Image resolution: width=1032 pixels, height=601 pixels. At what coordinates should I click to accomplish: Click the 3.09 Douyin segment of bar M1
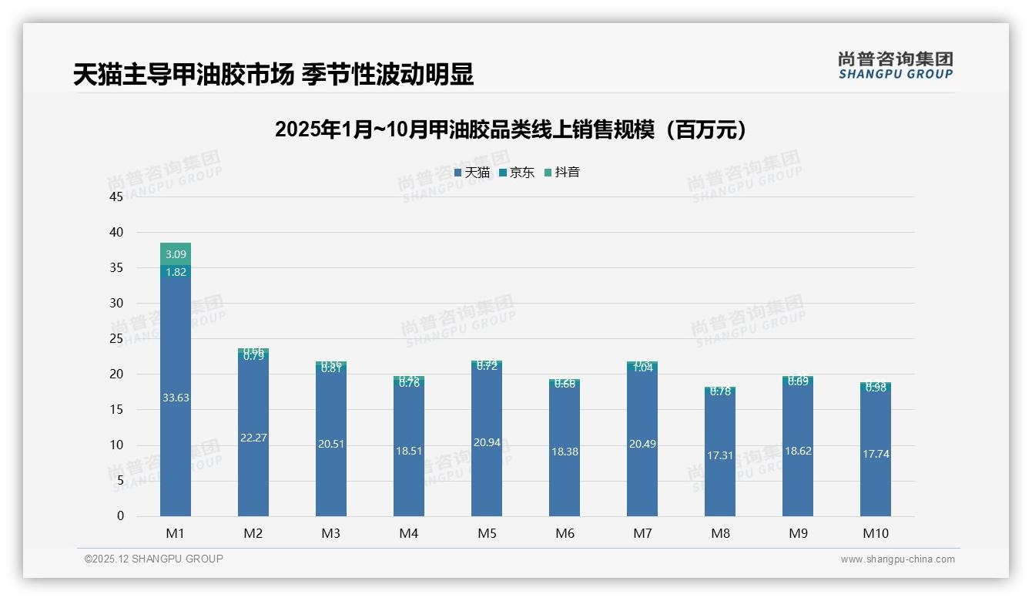click(x=176, y=253)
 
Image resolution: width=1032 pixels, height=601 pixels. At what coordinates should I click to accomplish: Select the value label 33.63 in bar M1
click(x=176, y=398)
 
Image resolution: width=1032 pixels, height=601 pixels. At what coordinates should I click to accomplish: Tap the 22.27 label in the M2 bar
click(x=253, y=438)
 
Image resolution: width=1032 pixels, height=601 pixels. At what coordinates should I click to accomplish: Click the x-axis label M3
click(x=331, y=533)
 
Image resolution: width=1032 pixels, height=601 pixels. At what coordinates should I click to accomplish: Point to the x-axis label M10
click(x=876, y=533)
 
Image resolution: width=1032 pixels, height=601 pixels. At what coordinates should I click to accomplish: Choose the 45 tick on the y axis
click(x=116, y=196)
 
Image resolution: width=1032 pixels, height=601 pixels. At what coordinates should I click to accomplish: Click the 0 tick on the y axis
click(x=120, y=516)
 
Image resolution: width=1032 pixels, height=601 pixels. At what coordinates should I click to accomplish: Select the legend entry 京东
click(x=517, y=173)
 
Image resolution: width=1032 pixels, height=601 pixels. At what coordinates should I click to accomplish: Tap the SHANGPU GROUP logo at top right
click(x=895, y=65)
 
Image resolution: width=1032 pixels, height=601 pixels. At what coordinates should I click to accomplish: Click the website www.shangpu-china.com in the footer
click(x=897, y=559)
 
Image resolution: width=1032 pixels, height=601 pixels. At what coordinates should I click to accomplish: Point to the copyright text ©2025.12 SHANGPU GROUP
click(x=153, y=559)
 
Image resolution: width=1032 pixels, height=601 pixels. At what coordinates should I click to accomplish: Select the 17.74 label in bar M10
click(x=876, y=454)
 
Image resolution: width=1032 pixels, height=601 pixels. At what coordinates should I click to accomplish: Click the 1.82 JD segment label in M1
click(x=176, y=271)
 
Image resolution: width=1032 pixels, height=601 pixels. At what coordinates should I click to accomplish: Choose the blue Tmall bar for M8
click(x=720, y=462)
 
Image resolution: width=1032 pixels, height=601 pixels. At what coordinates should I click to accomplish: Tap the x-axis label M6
click(x=565, y=533)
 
